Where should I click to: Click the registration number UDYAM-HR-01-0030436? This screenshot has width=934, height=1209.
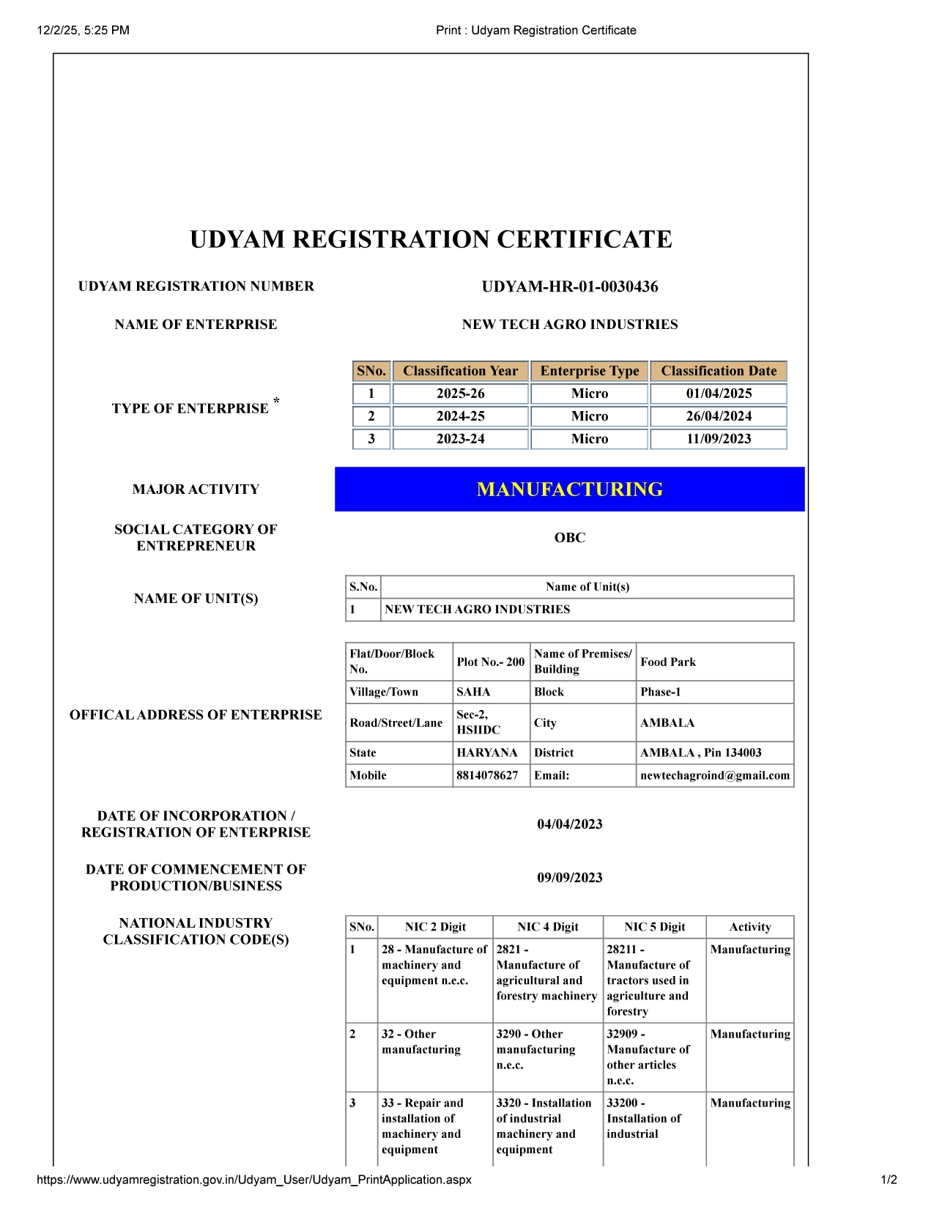coord(569,286)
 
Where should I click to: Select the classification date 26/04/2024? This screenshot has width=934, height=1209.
coord(718,416)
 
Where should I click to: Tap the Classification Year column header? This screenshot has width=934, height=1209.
coord(460,371)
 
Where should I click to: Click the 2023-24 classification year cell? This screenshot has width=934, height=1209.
coord(460,439)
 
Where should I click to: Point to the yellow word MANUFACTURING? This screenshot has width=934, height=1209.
coord(569,489)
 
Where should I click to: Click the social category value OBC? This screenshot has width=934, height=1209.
coord(569,538)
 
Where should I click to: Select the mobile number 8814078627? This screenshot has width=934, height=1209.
coord(487,775)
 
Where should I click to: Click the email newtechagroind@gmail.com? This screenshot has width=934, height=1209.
coord(714,775)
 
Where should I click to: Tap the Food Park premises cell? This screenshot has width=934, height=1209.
coord(668,662)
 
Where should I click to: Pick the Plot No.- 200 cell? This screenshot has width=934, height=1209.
coord(490,662)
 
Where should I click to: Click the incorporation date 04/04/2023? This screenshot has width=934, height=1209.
coord(569,824)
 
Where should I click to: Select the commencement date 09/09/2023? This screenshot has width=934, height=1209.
coord(569,878)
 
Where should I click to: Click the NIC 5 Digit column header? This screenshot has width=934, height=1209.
coord(654,927)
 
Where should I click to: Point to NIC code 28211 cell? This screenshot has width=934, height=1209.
coord(648,980)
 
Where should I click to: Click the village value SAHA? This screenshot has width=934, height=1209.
coord(473,692)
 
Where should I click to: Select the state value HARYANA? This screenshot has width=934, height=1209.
coord(486,753)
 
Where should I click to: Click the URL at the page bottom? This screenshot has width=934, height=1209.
coord(253,1180)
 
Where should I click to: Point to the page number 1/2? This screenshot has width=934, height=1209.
coord(889,1180)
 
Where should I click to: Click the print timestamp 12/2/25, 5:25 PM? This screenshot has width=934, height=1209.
coord(83,30)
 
